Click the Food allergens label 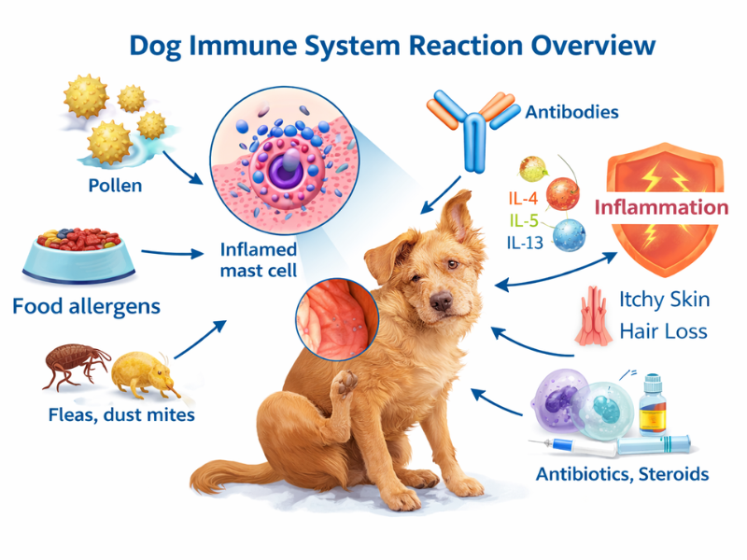[86, 305]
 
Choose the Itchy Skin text [664, 300]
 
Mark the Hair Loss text [664, 330]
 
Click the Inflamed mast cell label [259, 260]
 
